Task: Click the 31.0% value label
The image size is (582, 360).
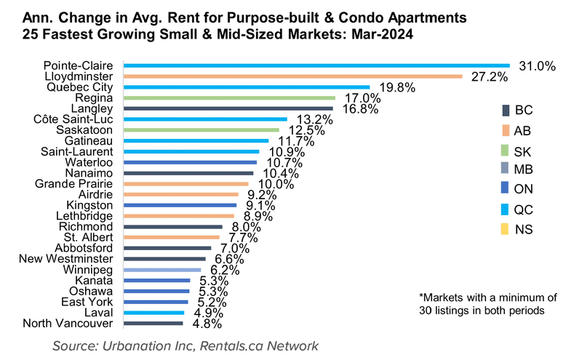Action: point(538,65)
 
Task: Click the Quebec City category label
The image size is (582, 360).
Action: point(81,87)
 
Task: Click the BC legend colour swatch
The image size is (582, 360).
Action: point(506,111)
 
